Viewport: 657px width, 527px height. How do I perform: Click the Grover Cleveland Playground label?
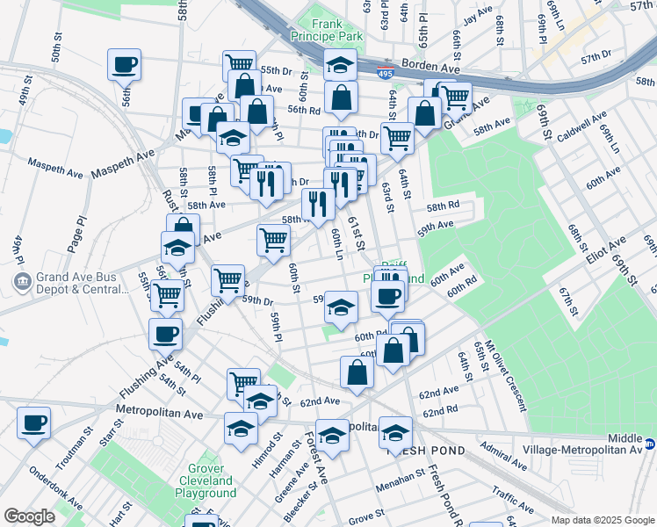[206, 480]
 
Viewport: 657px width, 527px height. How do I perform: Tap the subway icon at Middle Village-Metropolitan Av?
[651, 444]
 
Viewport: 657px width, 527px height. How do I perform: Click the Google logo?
[29, 516]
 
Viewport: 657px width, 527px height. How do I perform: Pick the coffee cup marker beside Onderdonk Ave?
[34, 423]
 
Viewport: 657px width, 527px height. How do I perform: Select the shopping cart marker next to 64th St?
[397, 137]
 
